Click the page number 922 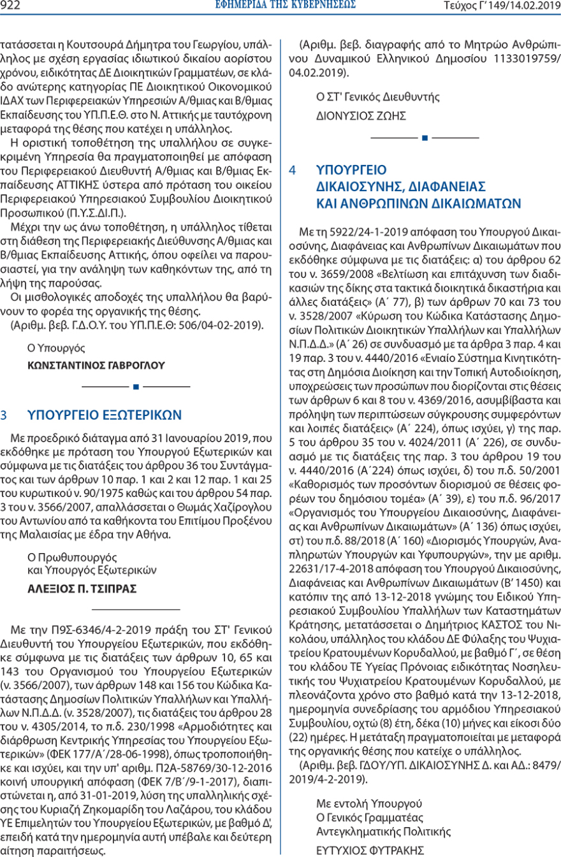pyautogui.click(x=12, y=7)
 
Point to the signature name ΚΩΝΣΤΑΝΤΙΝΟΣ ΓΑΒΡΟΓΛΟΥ pyautogui.click(x=96, y=365)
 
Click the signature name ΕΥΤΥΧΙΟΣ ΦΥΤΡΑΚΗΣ pyautogui.click(x=370, y=850)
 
